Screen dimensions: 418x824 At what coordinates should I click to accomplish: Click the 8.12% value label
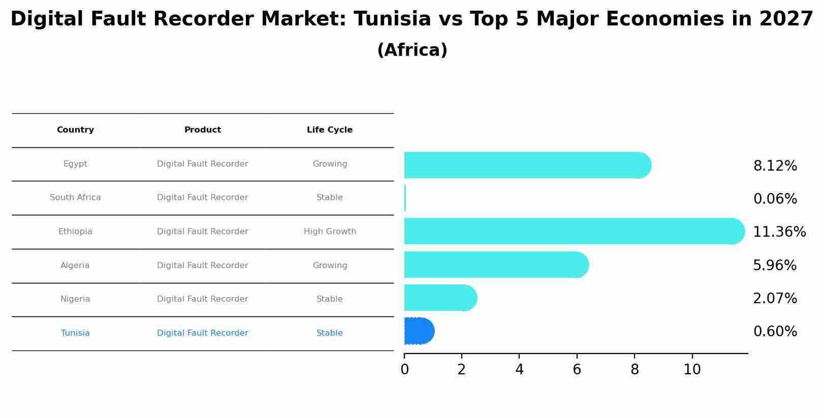pyautogui.click(x=775, y=166)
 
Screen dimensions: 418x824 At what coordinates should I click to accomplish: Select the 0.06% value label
pyautogui.click(x=775, y=199)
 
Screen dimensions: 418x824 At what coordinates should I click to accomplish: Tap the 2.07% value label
pyautogui.click(x=775, y=299)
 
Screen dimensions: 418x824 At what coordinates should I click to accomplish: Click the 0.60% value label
pyautogui.click(x=775, y=332)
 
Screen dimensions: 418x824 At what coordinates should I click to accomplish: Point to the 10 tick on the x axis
pyautogui.click(x=692, y=370)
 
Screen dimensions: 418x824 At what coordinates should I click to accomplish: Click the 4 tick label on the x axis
pyautogui.click(x=519, y=370)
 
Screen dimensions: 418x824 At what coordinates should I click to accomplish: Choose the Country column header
pyautogui.click(x=75, y=130)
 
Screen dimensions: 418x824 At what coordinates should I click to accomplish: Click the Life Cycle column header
pyautogui.click(x=330, y=130)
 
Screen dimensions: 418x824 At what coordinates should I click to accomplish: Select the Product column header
pyautogui.click(x=202, y=130)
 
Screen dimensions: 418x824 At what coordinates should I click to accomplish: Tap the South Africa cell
pyautogui.click(x=75, y=198)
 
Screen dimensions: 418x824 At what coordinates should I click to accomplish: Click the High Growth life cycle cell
pyautogui.click(x=330, y=232)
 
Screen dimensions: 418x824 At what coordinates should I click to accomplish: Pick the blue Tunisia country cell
pyautogui.click(x=75, y=333)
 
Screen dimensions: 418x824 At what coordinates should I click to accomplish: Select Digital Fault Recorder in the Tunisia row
pyautogui.click(x=202, y=333)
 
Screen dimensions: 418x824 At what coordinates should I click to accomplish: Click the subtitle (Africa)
pyautogui.click(x=412, y=50)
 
